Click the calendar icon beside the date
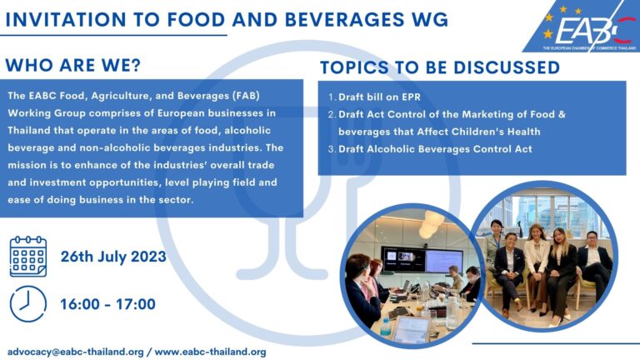[x=27, y=256]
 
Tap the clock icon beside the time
[x=27, y=303]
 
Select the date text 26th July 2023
[x=113, y=256]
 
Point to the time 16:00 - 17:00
[x=107, y=304]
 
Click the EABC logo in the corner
[x=583, y=30]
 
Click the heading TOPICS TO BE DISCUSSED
[x=440, y=67]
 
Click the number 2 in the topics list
[x=331, y=114]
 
